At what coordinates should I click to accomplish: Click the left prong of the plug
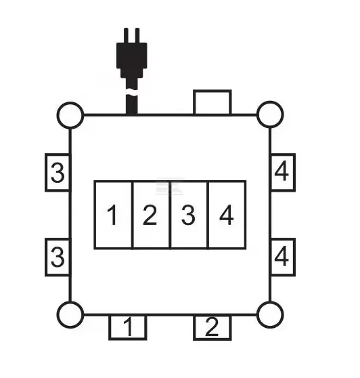pyautogui.click(x=126, y=35)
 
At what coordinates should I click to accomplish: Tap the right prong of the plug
pyautogui.click(x=137, y=35)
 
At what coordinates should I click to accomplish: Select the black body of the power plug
pyautogui.click(x=132, y=60)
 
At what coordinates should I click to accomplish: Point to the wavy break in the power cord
pyautogui.click(x=132, y=92)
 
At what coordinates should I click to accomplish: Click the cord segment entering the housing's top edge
pyautogui.click(x=132, y=104)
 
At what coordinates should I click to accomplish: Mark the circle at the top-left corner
pyautogui.click(x=70, y=115)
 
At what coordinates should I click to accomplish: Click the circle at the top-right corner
pyautogui.click(x=270, y=114)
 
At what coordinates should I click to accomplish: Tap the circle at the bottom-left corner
pyautogui.click(x=70, y=314)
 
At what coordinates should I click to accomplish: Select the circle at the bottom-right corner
pyautogui.click(x=270, y=314)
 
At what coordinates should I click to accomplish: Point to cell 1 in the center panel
pyautogui.click(x=113, y=215)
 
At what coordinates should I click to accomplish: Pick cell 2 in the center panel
pyautogui.click(x=151, y=215)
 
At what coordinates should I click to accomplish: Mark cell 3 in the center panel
pyautogui.click(x=189, y=215)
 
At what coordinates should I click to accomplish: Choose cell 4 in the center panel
pyautogui.click(x=227, y=215)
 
